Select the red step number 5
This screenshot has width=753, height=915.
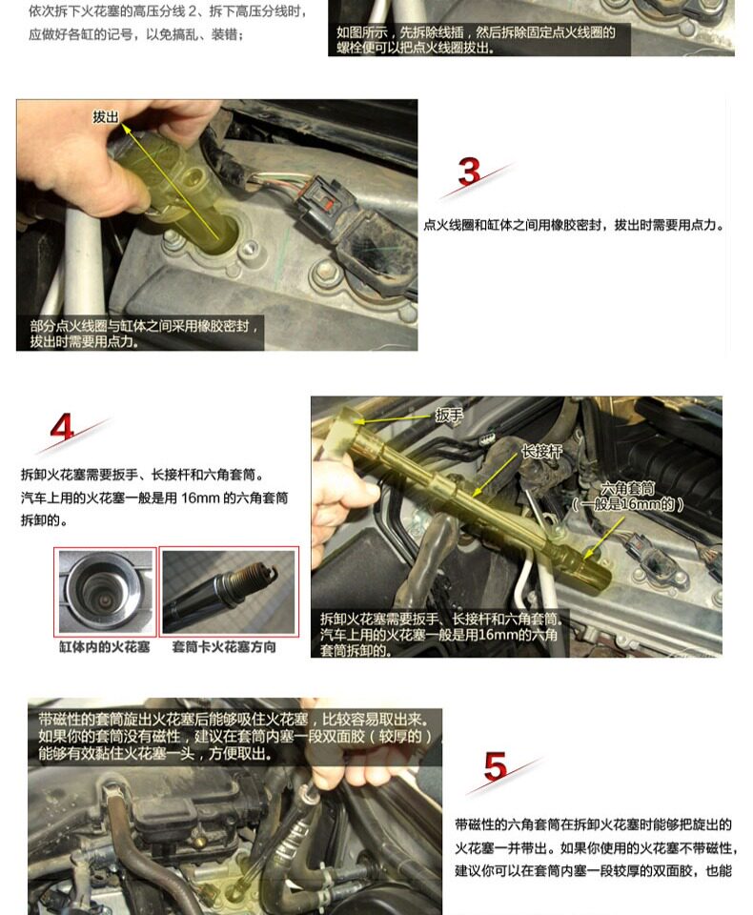click(x=495, y=766)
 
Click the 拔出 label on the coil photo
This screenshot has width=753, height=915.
click(x=106, y=116)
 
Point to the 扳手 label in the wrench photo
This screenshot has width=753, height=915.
click(x=449, y=415)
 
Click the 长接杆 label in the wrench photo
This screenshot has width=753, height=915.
click(x=541, y=451)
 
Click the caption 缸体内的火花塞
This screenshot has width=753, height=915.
click(x=105, y=646)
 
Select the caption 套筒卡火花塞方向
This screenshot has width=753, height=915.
click(x=224, y=646)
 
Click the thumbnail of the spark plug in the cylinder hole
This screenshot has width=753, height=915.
click(x=106, y=592)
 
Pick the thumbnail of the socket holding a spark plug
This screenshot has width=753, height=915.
click(x=229, y=592)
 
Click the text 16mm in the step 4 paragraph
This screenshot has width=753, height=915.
click(x=200, y=498)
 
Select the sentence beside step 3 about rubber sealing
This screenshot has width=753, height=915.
click(x=575, y=225)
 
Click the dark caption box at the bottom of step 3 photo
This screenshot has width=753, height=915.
click(x=140, y=333)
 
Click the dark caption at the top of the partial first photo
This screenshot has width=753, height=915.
click(x=479, y=40)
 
